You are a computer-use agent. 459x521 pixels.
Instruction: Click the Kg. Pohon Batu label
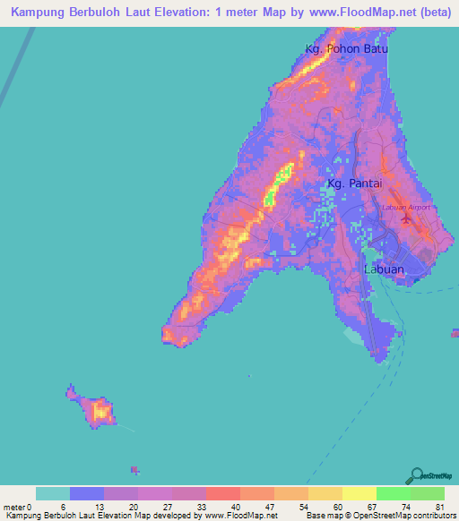click(347, 49)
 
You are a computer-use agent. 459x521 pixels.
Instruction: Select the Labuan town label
click(384, 269)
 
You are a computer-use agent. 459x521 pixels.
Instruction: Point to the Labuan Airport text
click(406, 207)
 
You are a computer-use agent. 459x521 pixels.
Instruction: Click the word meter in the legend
click(13, 507)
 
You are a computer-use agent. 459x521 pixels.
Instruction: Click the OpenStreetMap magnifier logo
click(419, 475)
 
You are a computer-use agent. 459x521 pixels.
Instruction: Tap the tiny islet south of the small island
click(135, 469)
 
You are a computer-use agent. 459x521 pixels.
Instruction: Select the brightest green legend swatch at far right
click(427, 493)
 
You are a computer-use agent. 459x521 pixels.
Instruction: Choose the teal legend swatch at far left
click(53, 493)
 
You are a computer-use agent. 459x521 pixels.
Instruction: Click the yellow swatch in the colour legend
click(359, 493)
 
